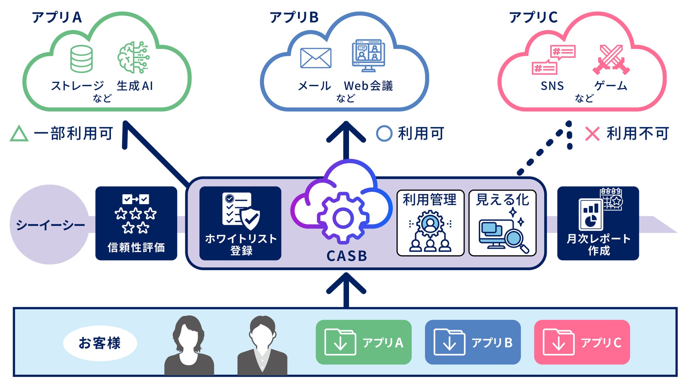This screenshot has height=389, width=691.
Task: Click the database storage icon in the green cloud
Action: tap(82, 59)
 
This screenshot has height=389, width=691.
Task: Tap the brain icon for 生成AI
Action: tap(134, 57)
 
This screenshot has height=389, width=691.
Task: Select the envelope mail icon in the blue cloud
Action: tap(315, 58)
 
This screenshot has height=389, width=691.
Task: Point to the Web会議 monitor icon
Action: tap(368, 55)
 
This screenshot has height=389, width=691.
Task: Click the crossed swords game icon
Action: tap(611, 59)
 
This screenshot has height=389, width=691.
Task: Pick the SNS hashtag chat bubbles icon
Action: tap(554, 60)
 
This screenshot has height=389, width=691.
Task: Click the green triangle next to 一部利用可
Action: tap(19, 134)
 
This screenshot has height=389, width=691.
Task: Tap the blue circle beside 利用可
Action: tap(384, 134)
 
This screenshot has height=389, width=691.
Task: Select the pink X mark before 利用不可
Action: tap(592, 134)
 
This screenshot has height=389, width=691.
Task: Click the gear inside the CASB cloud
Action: tap(342, 218)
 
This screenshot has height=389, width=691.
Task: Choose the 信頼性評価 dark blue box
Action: tap(136, 223)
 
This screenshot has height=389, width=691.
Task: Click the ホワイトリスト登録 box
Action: tap(240, 223)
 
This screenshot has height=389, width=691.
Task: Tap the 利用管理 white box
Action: tap(430, 223)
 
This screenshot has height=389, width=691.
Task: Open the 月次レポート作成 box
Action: tap(598, 223)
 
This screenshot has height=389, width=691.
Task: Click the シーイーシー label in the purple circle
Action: tap(50, 225)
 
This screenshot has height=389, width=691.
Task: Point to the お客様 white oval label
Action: tap(100, 343)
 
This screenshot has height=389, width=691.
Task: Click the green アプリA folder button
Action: tap(364, 342)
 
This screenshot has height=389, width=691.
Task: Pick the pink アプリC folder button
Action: tap(582, 342)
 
